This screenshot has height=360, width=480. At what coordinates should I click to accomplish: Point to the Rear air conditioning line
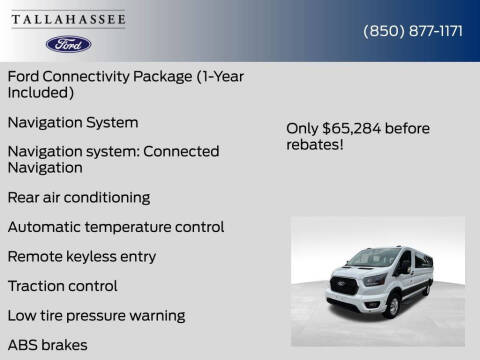(79, 197)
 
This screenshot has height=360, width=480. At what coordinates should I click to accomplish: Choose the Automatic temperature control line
(115, 227)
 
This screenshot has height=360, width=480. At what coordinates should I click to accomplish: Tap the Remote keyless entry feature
(81, 256)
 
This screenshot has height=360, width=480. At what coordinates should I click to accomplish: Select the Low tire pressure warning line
(96, 315)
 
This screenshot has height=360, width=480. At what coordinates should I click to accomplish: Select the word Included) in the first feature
(41, 93)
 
